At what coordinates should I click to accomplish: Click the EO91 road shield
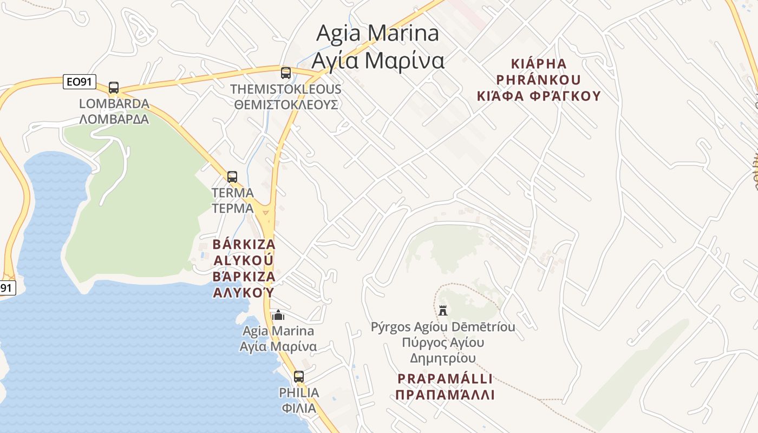(x=79, y=82)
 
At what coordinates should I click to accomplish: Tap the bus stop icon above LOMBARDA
(x=114, y=88)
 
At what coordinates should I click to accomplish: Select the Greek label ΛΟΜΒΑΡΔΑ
(x=114, y=119)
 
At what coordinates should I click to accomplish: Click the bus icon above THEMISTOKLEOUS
(x=286, y=73)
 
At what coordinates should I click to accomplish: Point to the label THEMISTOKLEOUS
(x=286, y=89)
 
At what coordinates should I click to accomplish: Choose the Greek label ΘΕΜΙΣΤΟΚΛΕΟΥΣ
(x=286, y=104)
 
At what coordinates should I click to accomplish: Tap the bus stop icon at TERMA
(x=232, y=177)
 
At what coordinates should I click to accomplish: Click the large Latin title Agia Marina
(x=377, y=33)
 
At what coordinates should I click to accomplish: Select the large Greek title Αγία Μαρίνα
(x=377, y=60)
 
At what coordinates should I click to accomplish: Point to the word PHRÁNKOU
(x=538, y=80)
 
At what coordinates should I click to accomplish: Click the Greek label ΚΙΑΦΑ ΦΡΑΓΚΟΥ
(x=539, y=96)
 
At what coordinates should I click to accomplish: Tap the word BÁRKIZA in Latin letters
(x=244, y=244)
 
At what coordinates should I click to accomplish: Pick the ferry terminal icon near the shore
(x=278, y=315)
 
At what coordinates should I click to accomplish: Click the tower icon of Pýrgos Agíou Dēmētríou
(x=443, y=310)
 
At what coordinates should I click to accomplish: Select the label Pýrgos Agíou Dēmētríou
(x=443, y=327)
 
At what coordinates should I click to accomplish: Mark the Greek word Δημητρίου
(x=443, y=358)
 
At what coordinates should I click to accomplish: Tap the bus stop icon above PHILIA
(x=299, y=377)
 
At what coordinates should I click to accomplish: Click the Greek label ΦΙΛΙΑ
(x=299, y=408)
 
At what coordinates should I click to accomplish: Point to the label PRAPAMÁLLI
(x=445, y=378)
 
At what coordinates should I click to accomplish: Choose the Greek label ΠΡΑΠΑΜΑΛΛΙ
(x=445, y=395)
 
